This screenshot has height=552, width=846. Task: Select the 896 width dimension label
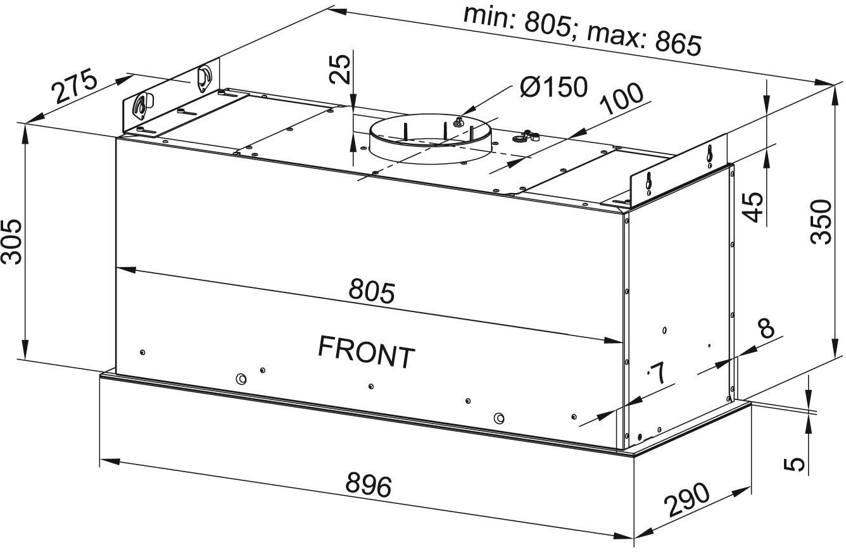pyautogui.click(x=369, y=486)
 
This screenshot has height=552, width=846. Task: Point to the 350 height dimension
pyautogui.click(x=821, y=221)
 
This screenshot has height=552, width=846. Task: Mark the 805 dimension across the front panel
pyautogui.click(x=372, y=291)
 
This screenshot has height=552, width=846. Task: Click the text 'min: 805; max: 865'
pyautogui.click(x=582, y=30)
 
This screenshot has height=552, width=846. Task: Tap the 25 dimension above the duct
pyautogui.click(x=340, y=69)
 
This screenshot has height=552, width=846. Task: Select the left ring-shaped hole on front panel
pyautogui.click(x=240, y=379)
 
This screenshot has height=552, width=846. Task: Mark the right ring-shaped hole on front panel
pyautogui.click(x=499, y=418)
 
